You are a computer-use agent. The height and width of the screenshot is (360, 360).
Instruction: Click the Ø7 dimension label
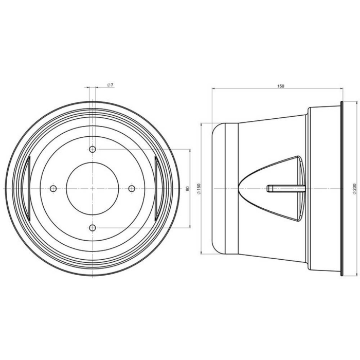click(110, 84)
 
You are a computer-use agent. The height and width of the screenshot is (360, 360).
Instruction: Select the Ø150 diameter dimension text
click(199, 189)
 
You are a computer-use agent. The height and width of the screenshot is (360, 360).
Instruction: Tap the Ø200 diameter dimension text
click(355, 189)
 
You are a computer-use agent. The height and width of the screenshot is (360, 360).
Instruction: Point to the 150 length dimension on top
click(280, 86)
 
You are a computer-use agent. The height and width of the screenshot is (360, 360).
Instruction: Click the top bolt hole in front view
click(93, 149)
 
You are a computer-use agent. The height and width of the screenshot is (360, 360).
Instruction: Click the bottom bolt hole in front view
click(93, 227)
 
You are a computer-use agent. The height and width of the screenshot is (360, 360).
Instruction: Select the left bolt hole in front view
click(53, 188)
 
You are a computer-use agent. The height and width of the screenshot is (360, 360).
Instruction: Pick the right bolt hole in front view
click(132, 188)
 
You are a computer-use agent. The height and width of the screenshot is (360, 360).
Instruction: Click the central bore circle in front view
click(93, 188)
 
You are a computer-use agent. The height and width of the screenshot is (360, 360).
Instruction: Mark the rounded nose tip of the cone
click(239, 188)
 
